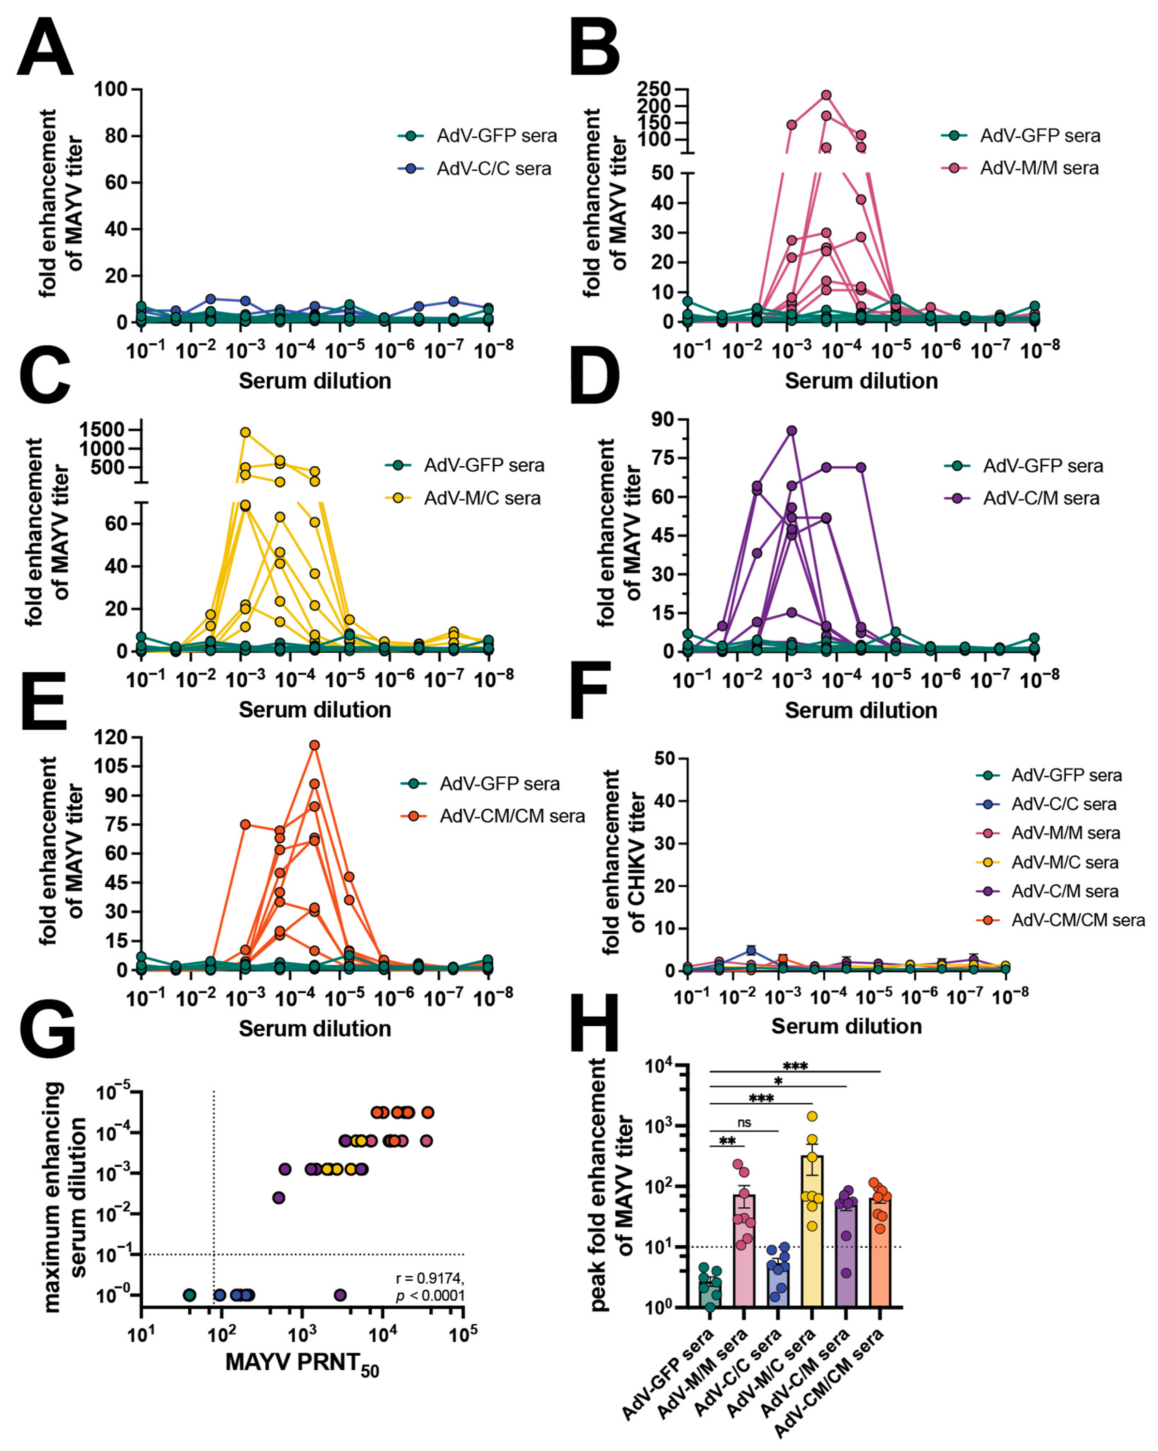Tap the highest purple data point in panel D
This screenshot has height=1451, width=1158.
pos(791,431)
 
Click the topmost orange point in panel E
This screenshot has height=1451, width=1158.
pos(314,745)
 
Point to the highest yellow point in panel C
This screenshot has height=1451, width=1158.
pos(246,432)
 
